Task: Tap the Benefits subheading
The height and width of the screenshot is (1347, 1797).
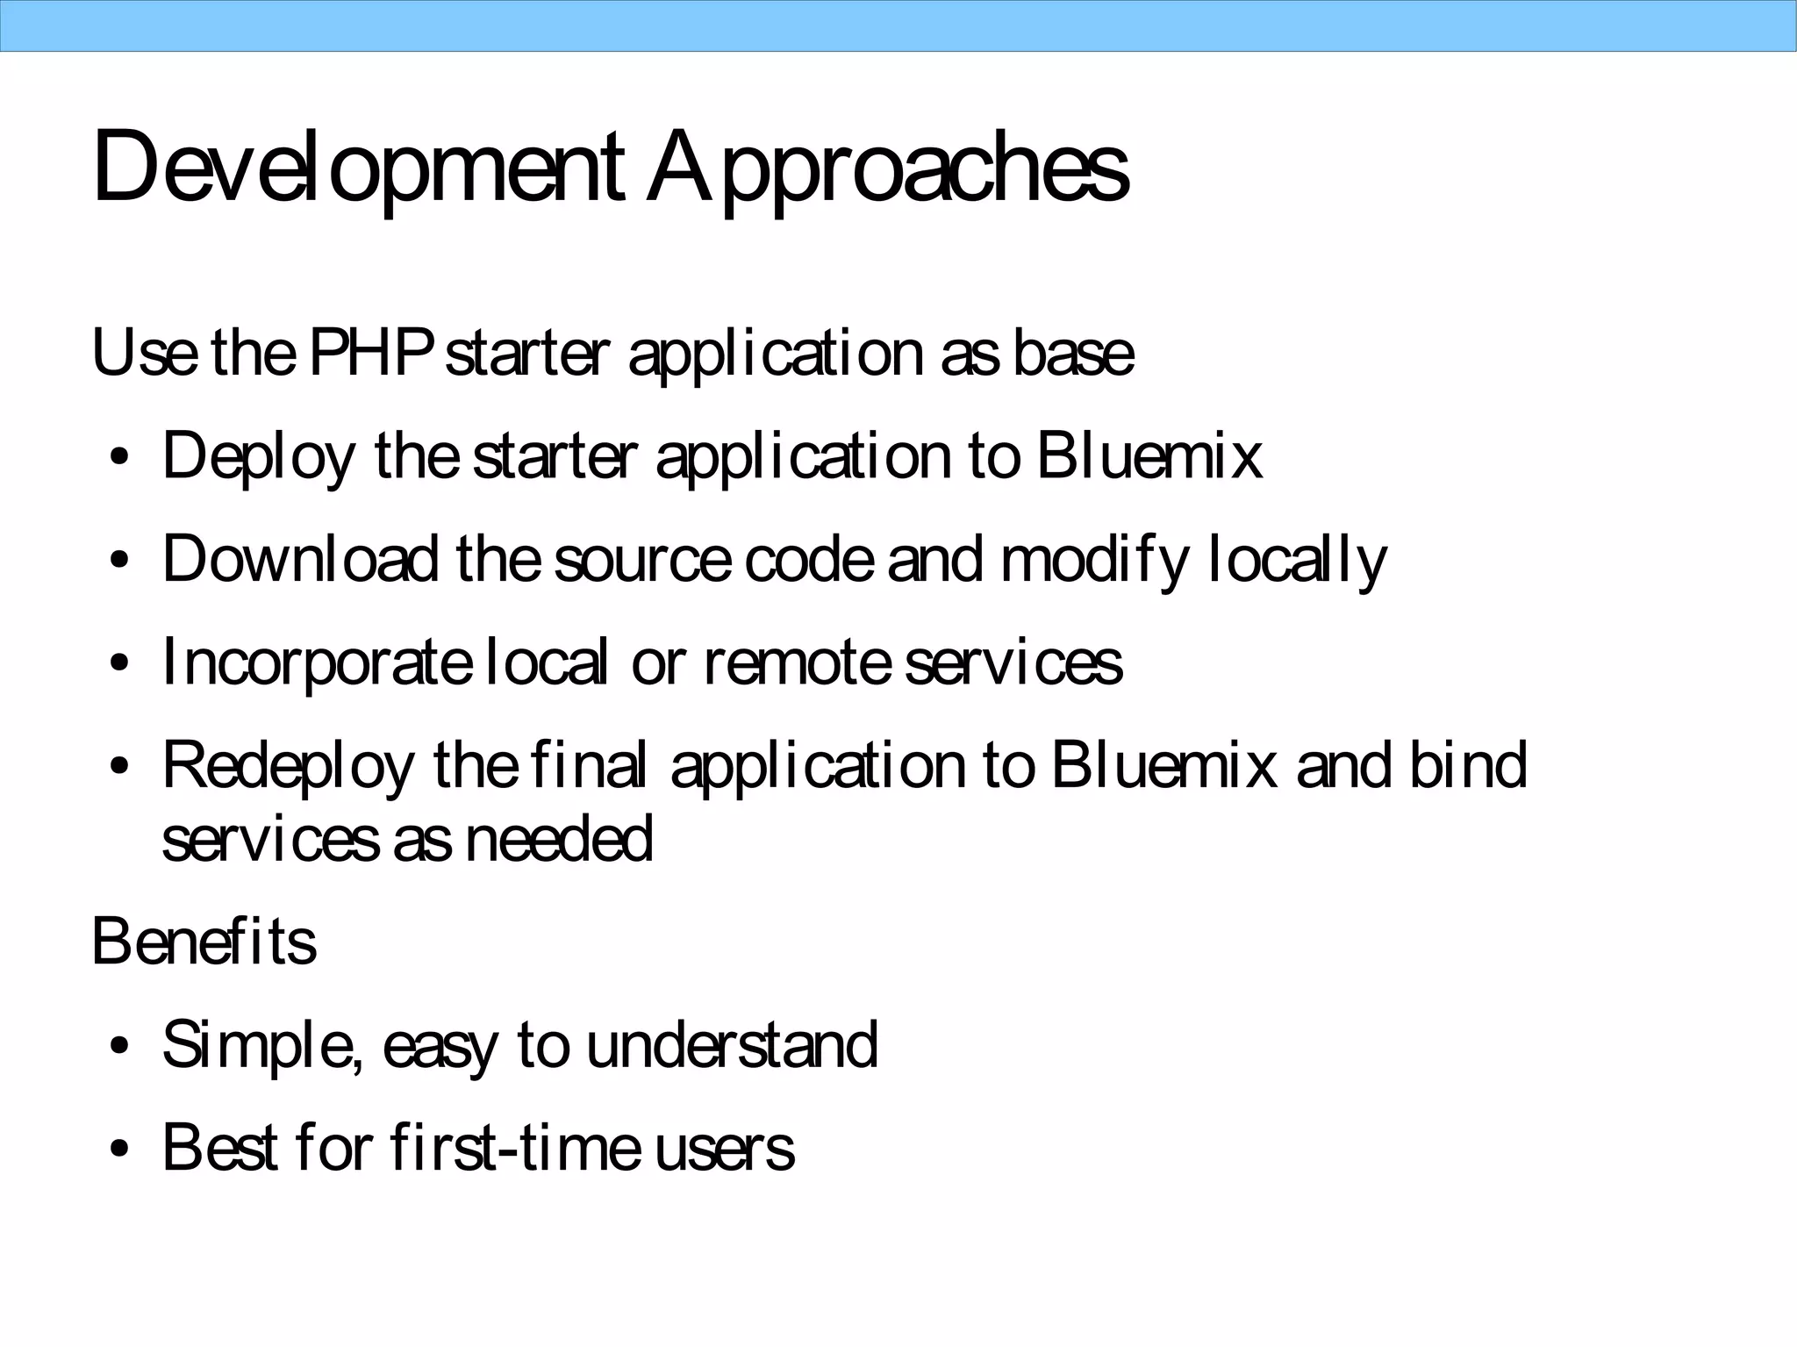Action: click(x=204, y=942)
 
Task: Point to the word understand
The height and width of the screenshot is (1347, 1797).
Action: click(x=732, y=1044)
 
